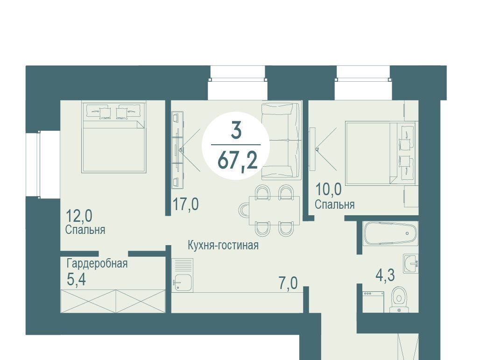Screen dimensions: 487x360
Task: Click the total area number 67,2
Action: tap(238, 161)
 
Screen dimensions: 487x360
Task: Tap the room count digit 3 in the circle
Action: tap(236, 130)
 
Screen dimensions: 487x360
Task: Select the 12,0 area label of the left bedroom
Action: tap(79, 216)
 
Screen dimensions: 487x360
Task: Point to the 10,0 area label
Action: tap(328, 189)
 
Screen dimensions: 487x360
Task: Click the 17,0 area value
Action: tap(186, 205)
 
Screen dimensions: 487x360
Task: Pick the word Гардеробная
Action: tap(97, 264)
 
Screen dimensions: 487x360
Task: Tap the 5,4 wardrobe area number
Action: tap(76, 279)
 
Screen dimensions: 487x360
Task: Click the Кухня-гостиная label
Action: tap(223, 245)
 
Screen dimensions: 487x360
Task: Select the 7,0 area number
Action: tap(288, 283)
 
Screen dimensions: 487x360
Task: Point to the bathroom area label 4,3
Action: tap(385, 275)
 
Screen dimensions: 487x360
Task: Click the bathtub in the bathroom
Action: tap(390, 234)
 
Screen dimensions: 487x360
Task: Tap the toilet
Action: tap(399, 299)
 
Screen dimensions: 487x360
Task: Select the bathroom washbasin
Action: tap(410, 264)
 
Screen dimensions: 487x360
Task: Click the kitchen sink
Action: tap(182, 282)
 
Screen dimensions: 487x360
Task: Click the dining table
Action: tap(274, 210)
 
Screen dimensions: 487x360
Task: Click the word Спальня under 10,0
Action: tap(334, 205)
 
